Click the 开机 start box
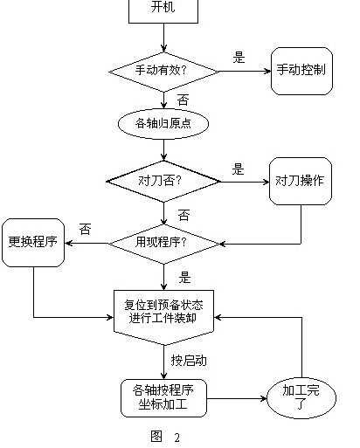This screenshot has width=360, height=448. [x=163, y=9]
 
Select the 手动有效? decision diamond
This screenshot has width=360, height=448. [x=163, y=69]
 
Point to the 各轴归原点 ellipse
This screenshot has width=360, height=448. [x=163, y=123]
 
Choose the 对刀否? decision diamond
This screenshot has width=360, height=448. [x=163, y=183]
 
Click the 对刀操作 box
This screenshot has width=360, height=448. [x=301, y=182]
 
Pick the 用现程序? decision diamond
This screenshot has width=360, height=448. [x=163, y=241]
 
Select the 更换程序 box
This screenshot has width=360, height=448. [x=33, y=240]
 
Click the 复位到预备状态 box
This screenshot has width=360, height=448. [x=163, y=311]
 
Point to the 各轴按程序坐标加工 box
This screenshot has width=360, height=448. [x=163, y=398]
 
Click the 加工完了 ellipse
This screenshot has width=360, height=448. [x=301, y=398]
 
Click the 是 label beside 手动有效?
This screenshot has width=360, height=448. [x=239, y=58]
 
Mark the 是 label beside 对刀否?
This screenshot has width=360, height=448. [x=238, y=169]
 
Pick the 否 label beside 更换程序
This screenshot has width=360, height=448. [x=85, y=229]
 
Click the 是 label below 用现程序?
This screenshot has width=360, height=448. [x=184, y=278]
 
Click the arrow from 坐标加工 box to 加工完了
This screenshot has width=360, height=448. [x=238, y=399]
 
